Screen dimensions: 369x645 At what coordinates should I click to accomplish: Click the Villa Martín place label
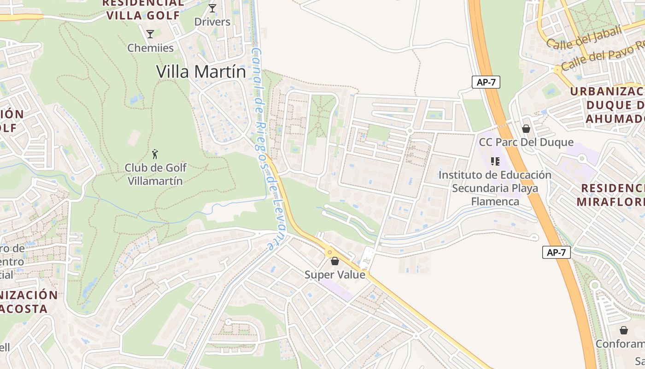point(201,71)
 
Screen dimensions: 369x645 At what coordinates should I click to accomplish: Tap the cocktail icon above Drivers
point(212,8)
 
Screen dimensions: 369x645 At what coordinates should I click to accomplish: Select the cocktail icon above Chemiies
point(150,34)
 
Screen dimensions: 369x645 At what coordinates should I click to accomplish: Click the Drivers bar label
point(212,22)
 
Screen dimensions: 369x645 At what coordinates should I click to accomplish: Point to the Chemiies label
point(150,48)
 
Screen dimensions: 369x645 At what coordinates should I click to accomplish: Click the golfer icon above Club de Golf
point(155,154)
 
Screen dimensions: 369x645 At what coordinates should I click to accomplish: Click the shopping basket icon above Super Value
point(335,261)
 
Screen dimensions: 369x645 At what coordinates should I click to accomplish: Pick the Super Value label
point(335,275)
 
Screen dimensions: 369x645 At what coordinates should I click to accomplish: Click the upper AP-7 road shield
point(486,82)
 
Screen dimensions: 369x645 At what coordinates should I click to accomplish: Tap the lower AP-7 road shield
point(557,252)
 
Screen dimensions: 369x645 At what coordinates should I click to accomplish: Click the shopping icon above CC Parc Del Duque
point(526,128)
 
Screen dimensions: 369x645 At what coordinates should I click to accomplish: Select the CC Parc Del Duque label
point(526,142)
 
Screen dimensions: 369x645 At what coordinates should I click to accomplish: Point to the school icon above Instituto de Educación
point(495,161)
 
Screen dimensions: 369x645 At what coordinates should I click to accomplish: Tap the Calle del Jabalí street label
point(584,37)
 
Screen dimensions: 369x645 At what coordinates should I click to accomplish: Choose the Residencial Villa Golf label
point(143,9)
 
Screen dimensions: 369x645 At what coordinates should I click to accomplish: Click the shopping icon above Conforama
point(624,330)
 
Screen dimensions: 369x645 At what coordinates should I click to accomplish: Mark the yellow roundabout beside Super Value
point(330,252)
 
